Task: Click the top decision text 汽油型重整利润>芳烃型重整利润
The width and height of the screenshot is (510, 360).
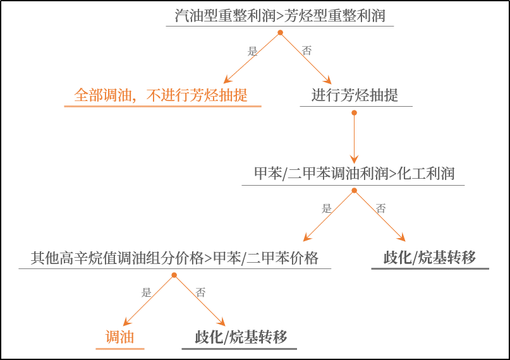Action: pyautogui.click(x=280, y=16)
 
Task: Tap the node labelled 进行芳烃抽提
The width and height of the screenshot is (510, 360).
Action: pyautogui.click(x=355, y=95)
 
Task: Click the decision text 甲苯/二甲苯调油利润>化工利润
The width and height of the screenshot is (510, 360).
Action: pyautogui.click(x=354, y=174)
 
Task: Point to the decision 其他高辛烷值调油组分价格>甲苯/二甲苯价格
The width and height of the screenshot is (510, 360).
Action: pyautogui.click(x=174, y=258)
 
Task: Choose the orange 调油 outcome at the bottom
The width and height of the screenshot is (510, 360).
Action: pyautogui.click(x=119, y=337)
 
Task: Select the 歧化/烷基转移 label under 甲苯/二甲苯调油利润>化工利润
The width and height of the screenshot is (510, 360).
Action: pyautogui.click(x=430, y=258)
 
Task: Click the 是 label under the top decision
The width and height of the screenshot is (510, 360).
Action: pyautogui.click(x=253, y=52)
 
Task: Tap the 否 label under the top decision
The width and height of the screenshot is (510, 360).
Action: pyautogui.click(x=307, y=51)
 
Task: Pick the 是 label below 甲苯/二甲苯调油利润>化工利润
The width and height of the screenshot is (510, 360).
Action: pyautogui.click(x=327, y=209)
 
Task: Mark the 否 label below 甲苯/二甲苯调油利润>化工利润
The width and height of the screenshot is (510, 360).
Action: pyautogui.click(x=380, y=209)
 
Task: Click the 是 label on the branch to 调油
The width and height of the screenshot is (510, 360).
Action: pyautogui.click(x=147, y=292)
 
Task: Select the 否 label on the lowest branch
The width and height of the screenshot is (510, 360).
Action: pyautogui.click(x=200, y=292)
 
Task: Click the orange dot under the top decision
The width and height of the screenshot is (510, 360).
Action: pyautogui.click(x=280, y=32)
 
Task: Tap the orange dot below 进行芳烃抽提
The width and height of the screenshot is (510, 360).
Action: pyautogui.click(x=354, y=112)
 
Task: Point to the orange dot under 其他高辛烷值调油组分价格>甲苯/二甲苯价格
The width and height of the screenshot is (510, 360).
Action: pyautogui.click(x=174, y=275)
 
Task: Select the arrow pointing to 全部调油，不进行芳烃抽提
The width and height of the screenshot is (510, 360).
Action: pyautogui.click(x=252, y=58)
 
